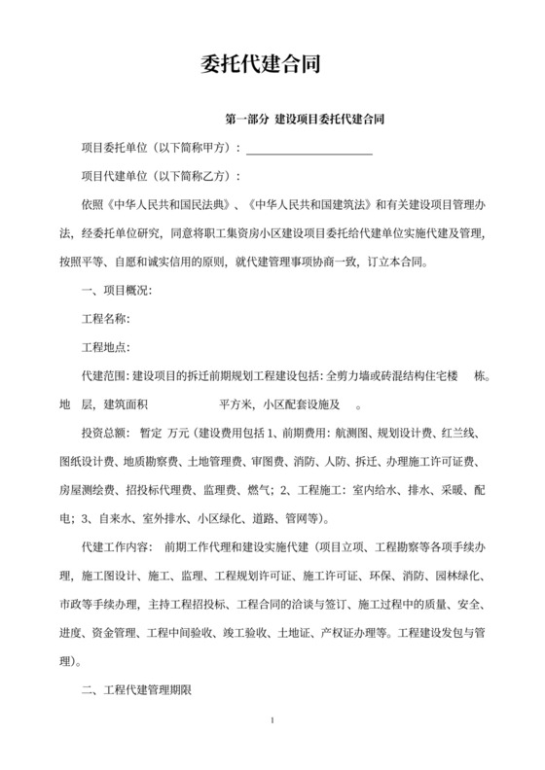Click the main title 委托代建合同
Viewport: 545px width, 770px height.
click(x=272, y=64)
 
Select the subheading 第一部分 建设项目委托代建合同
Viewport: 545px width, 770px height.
click(x=302, y=122)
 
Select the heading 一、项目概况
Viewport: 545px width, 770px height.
click(x=115, y=291)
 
